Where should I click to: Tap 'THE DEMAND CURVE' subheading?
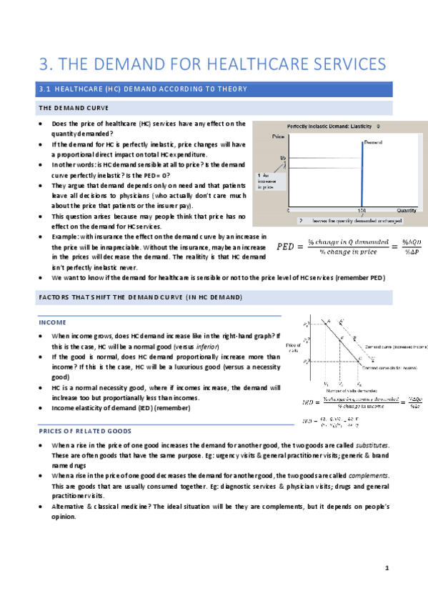point(71,108)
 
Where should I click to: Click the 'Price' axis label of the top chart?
point(279,135)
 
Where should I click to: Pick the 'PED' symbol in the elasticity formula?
point(288,247)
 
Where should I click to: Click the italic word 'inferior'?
point(213,346)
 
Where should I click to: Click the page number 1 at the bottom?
point(385,568)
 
